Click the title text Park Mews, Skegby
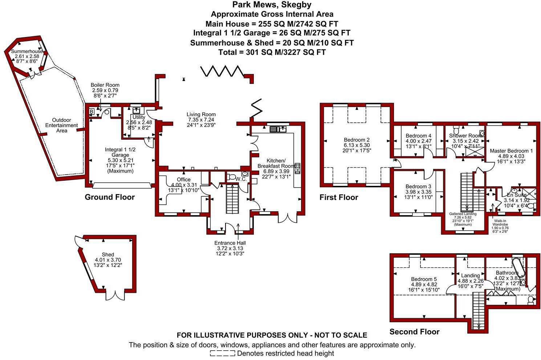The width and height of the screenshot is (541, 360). (x=272, y=5)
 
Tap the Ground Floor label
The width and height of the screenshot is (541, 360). (x=110, y=197)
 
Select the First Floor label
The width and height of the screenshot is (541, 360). (x=338, y=197)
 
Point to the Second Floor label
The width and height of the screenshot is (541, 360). (x=414, y=332)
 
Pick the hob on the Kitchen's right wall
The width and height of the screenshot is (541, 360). (x=297, y=168)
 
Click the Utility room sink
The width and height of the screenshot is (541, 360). (x=137, y=111)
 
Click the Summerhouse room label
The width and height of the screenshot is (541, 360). (x=27, y=52)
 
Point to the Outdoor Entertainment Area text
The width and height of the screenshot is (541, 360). (x=62, y=125)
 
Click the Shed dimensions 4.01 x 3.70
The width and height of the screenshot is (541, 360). (x=108, y=260)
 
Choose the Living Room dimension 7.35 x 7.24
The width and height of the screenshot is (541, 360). (x=201, y=120)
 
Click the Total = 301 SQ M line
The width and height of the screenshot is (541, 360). (x=272, y=52)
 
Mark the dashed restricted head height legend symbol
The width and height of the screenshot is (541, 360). (x=222, y=353)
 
